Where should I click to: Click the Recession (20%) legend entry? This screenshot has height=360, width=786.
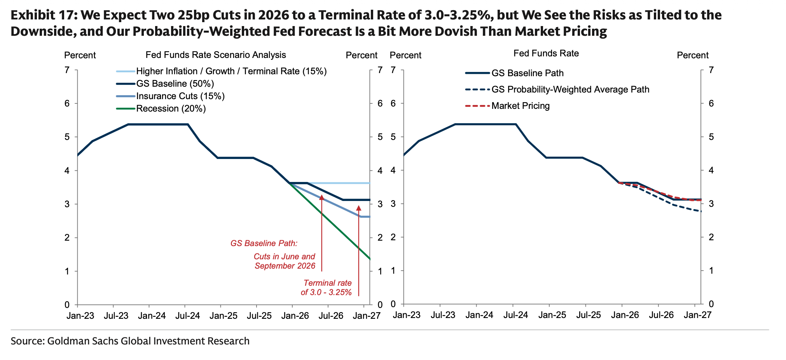tap(171, 108)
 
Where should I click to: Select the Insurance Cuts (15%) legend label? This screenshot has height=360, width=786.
tap(180, 96)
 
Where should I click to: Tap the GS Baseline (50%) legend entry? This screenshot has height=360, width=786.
tap(175, 84)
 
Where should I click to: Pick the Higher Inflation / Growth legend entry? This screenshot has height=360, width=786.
tap(231, 71)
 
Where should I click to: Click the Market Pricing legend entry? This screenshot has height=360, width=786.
tap(521, 106)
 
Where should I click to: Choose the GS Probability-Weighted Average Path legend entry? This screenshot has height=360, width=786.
tap(570, 89)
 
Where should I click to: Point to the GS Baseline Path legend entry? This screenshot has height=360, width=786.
tap(527, 73)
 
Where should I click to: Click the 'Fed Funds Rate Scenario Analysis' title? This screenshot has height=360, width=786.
tap(216, 55)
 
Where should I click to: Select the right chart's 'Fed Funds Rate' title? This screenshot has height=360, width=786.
tap(546, 53)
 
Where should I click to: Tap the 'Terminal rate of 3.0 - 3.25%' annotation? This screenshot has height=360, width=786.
tap(327, 288)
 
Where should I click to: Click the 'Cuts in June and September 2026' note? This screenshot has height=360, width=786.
tap(285, 261)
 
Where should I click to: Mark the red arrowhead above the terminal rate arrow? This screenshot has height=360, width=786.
tap(358, 208)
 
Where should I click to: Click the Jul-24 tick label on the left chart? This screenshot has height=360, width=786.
tap(187, 315)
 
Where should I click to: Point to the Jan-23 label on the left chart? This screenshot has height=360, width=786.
tap(80, 315)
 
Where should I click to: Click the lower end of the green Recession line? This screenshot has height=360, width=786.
tap(370, 259)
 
